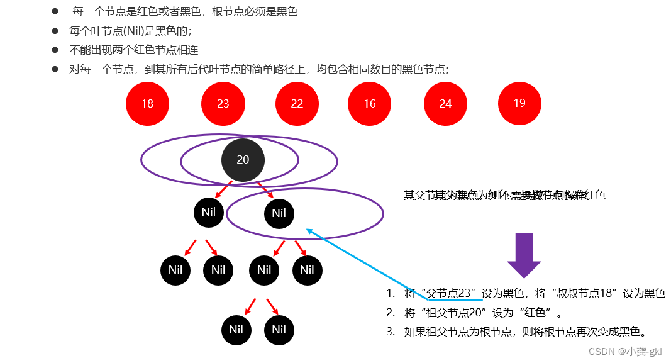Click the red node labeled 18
[x=147, y=103]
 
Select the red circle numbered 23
[x=223, y=103]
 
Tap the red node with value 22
[x=297, y=103]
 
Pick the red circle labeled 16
[x=369, y=103]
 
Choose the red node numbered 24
[x=445, y=103]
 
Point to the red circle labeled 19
[x=519, y=103]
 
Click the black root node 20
[x=243, y=160]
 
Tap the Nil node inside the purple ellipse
[x=279, y=213]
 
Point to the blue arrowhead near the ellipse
[x=309, y=231]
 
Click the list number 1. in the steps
[x=391, y=293]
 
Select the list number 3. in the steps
[x=391, y=331]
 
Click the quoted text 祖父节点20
[x=453, y=312]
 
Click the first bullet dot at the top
[x=55, y=12]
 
